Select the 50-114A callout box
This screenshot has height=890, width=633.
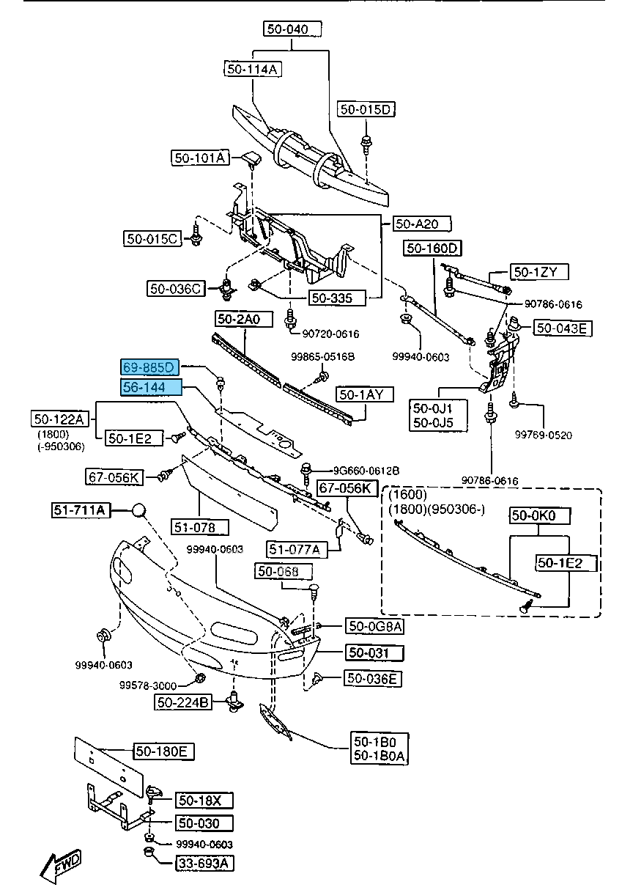tap(253, 69)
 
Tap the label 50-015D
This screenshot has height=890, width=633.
tap(366, 109)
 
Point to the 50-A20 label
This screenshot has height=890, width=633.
tap(422, 224)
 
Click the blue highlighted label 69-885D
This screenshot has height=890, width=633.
tap(149, 366)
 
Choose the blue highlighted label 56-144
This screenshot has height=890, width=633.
tap(149, 386)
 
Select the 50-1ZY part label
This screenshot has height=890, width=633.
tap(540, 272)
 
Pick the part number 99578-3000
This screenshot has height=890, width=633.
tap(148, 685)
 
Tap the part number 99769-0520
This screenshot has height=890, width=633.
tap(543, 435)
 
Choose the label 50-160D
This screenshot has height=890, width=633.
tap(432, 248)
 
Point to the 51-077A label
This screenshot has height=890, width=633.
tap(295, 549)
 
